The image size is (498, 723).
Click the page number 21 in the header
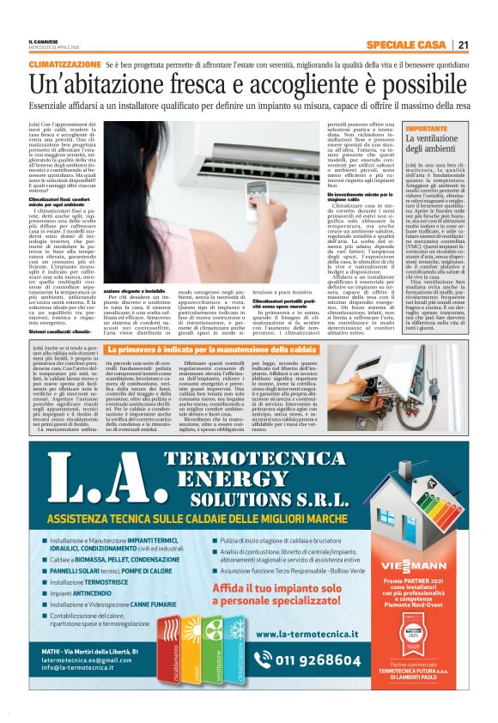click(x=463, y=45)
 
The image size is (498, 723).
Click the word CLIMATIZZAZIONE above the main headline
click(x=64, y=65)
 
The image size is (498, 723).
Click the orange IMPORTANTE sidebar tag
click(x=400, y=128)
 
